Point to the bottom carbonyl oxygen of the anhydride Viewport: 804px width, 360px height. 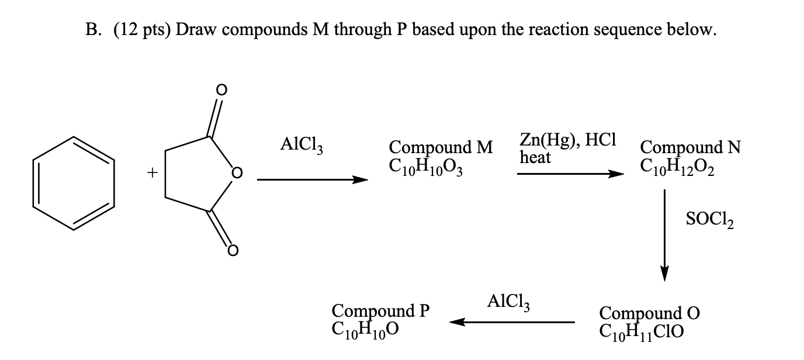coord(232,251)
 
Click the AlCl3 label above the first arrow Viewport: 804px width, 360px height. coord(302,144)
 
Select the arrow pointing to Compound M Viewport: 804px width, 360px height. coord(312,180)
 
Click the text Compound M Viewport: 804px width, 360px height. coord(441,146)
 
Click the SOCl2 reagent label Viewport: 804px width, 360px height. coord(709,221)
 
